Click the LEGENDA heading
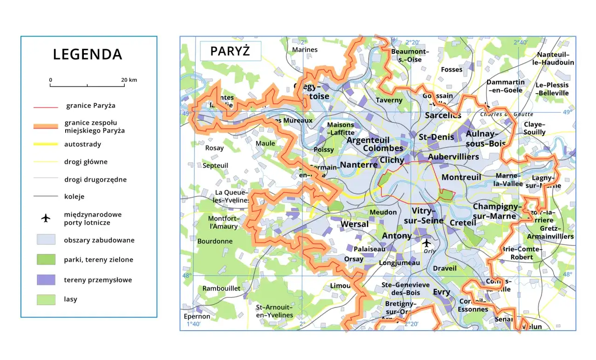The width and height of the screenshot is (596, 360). click(x=88, y=54)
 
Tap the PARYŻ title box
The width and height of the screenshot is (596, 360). click(x=230, y=51)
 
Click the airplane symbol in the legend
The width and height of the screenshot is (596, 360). click(x=46, y=218)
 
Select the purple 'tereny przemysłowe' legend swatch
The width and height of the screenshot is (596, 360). click(x=46, y=280)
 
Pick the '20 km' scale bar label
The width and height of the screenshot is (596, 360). click(x=129, y=80)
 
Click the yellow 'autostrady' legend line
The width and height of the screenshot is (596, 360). click(x=45, y=144)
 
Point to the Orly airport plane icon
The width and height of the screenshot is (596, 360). click(x=426, y=243)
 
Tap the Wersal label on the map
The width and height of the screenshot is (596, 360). click(x=354, y=224)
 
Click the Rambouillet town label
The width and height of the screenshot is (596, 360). click(x=221, y=288)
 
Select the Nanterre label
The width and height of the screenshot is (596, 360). click(x=359, y=164)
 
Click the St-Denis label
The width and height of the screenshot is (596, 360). click(x=436, y=137)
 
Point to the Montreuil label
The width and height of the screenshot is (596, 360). click(x=461, y=177)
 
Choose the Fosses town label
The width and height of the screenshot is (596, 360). click(x=452, y=69)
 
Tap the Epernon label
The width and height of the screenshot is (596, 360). click(x=197, y=316)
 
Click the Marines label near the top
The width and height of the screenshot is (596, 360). click(x=305, y=49)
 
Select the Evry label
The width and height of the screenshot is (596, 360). click(x=441, y=292)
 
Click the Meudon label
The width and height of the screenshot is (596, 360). click(x=383, y=212)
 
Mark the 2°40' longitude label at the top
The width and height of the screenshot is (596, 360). click(x=520, y=42)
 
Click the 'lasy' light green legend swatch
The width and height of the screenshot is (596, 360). click(x=46, y=299)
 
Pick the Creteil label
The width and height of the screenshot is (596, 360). click(x=463, y=223)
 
